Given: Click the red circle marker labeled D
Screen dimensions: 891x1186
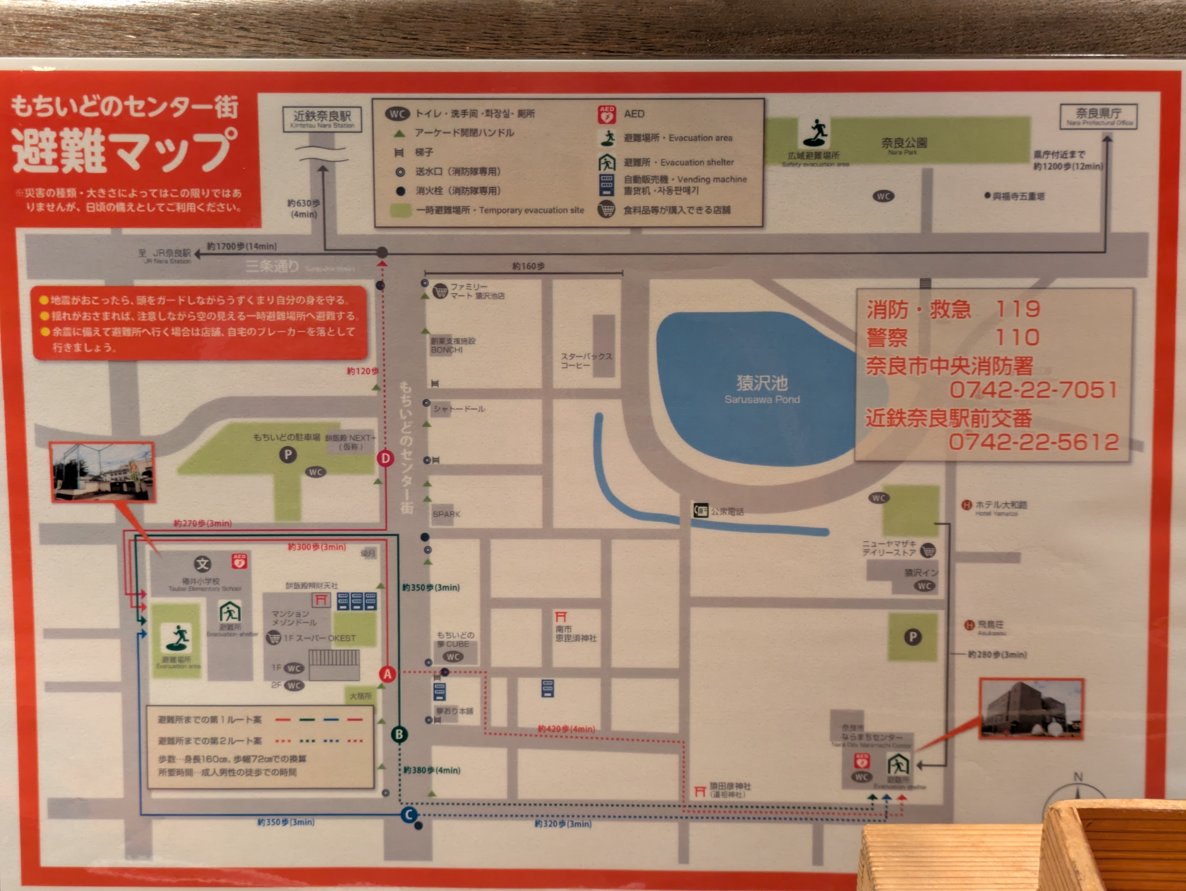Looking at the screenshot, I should tap(385, 459).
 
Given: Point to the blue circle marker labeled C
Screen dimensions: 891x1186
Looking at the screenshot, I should tap(409, 815).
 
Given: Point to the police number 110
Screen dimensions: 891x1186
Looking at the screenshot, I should tap(1017, 337).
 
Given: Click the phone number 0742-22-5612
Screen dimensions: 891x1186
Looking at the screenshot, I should tap(1033, 442).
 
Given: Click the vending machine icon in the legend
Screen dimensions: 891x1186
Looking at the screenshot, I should tap(606, 185).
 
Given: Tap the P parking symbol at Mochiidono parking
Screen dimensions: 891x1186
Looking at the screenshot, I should tap(288, 455).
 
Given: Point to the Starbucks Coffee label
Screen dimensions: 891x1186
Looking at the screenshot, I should tap(586, 361).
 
